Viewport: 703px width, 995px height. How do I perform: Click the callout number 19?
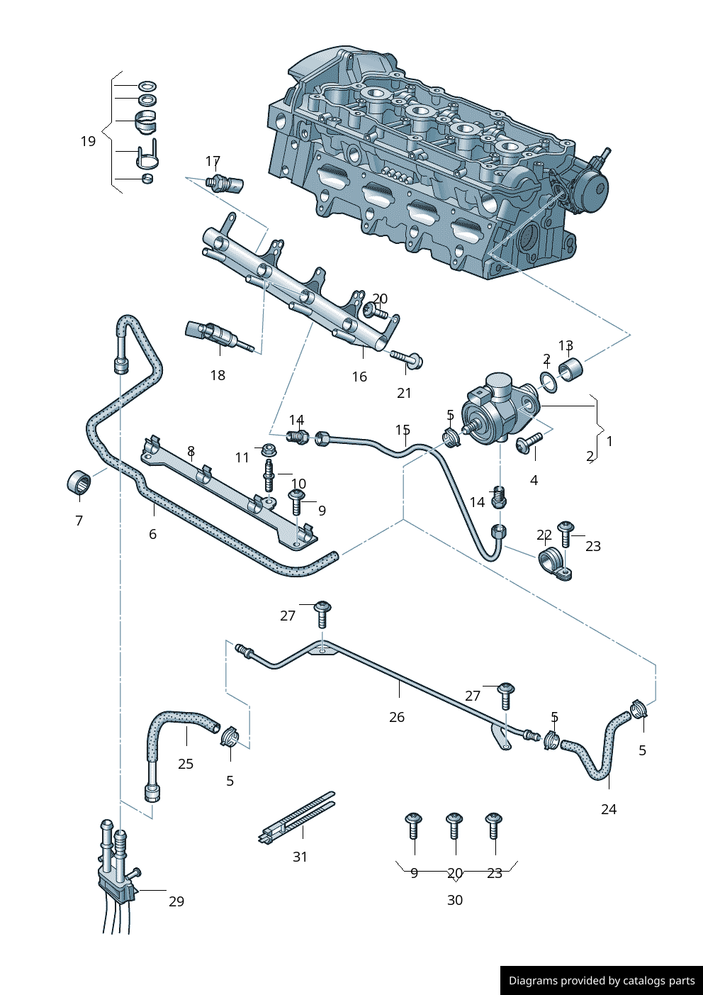[88, 141]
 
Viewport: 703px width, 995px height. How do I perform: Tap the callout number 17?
[213, 162]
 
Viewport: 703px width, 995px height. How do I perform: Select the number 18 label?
[218, 375]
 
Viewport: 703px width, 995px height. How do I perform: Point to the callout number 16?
[359, 377]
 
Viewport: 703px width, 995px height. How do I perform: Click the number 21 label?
[404, 393]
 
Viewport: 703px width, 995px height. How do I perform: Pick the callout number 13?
[566, 345]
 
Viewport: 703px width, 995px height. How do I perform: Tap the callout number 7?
[79, 521]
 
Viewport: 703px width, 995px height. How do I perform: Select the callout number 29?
[176, 901]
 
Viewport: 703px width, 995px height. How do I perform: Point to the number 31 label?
[300, 857]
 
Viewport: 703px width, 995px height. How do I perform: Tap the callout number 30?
[455, 900]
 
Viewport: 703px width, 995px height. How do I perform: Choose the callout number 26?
[397, 717]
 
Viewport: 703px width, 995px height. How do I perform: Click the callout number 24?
[609, 809]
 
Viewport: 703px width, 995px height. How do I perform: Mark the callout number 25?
[186, 764]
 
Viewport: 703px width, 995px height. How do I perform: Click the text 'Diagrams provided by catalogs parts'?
[602, 981]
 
